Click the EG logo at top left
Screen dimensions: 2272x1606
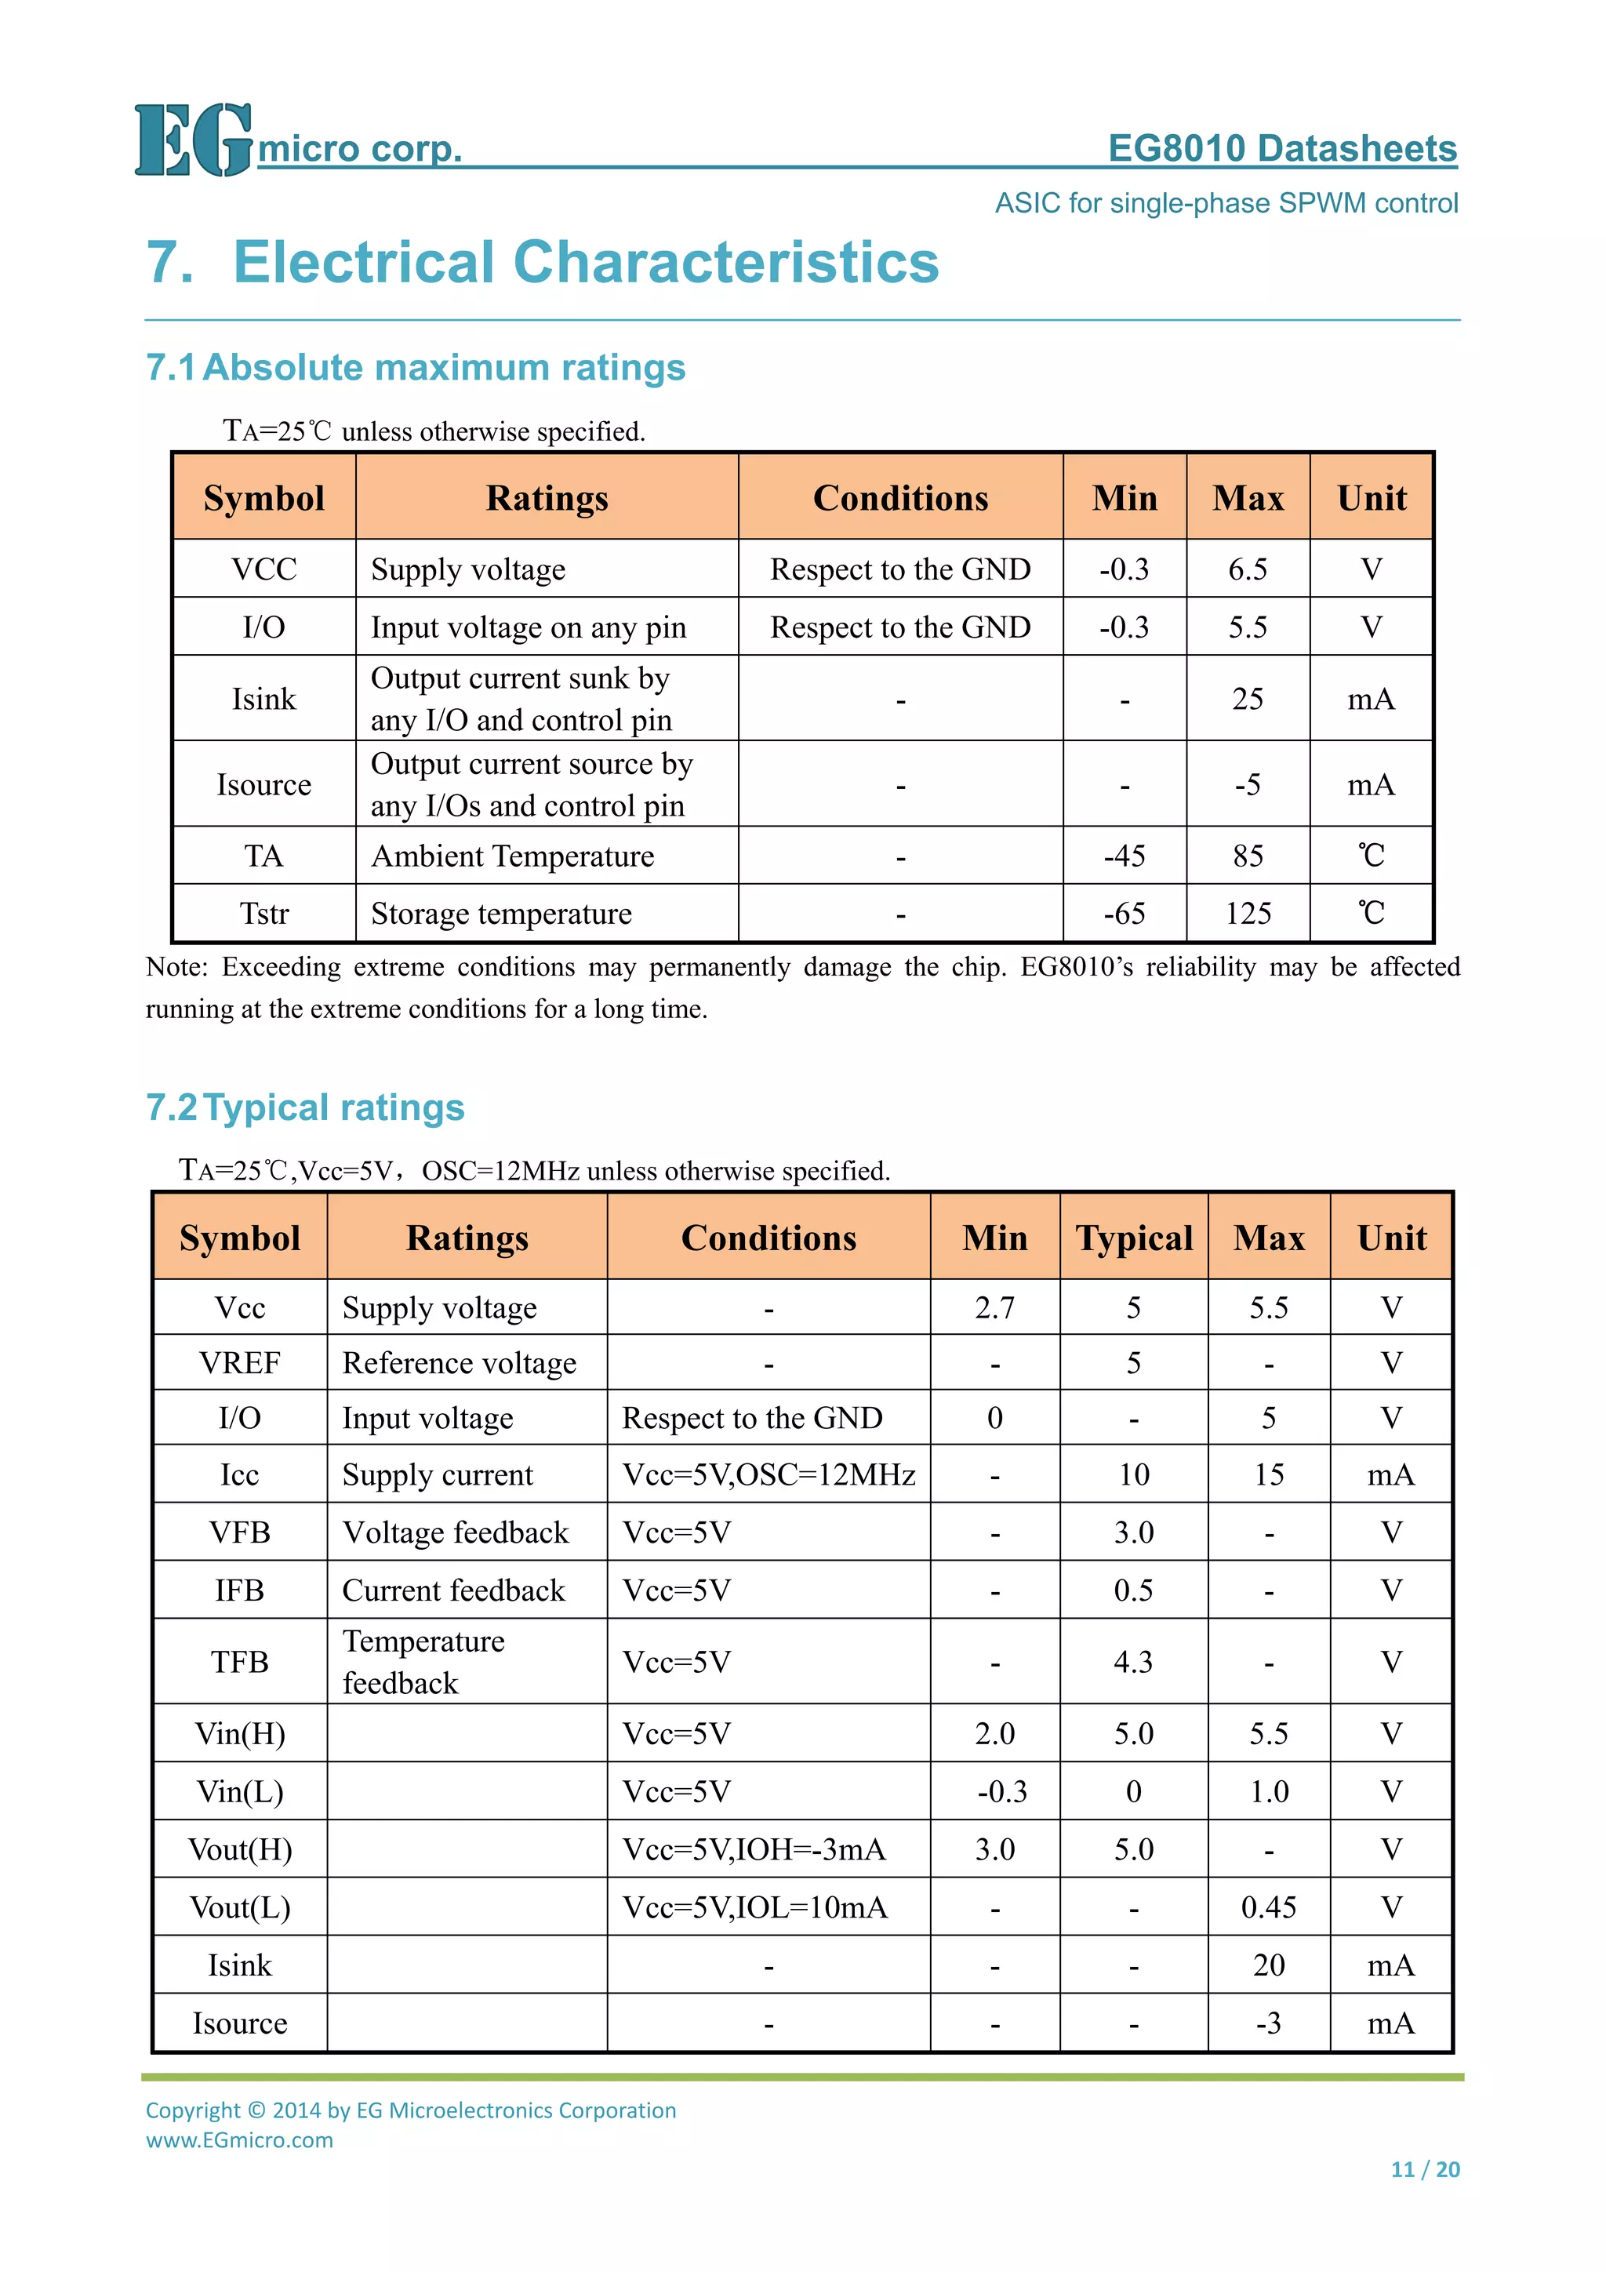193,140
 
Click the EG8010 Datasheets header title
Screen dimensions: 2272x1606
1281,148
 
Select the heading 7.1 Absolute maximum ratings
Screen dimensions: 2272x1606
416,367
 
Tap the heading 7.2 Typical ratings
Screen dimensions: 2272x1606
305,1107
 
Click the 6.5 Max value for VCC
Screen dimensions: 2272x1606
1247,569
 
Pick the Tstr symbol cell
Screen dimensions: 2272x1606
263,914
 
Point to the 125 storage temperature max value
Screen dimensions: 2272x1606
1247,914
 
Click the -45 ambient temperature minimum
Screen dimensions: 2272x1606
1124,856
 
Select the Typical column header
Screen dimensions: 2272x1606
1133,1238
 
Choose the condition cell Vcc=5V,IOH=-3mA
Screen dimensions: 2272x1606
754,1849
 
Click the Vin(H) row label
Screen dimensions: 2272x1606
239,1734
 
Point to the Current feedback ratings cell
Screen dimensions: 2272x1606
453,1590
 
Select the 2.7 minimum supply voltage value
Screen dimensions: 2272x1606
994,1308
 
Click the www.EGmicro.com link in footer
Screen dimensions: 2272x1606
239,2139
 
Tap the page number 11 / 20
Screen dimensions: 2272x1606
1424,2170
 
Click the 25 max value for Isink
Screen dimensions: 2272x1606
1247,699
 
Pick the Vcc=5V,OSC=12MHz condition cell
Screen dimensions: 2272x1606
768,1474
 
